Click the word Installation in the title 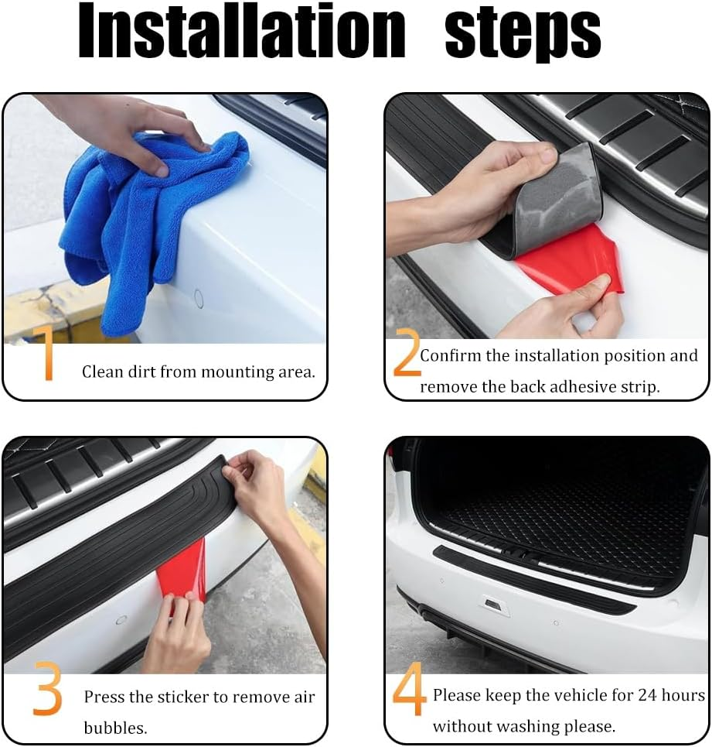(x=241, y=33)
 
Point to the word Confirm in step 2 (x=451, y=356)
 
